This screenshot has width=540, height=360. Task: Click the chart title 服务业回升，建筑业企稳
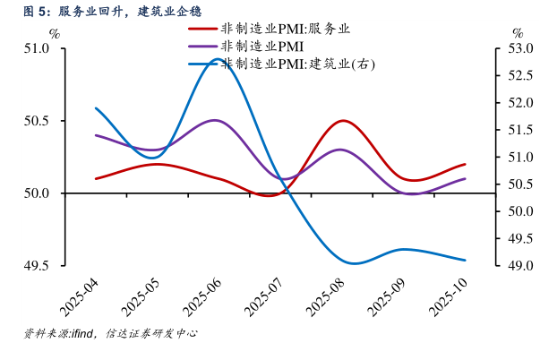[130, 12]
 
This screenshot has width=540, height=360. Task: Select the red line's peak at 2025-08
[342, 120]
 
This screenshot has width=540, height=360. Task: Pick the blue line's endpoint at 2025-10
[465, 261]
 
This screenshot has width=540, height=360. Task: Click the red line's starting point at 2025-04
[96, 178]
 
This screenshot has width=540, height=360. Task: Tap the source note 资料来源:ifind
[62, 333]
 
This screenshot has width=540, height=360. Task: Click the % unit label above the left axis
[55, 34]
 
